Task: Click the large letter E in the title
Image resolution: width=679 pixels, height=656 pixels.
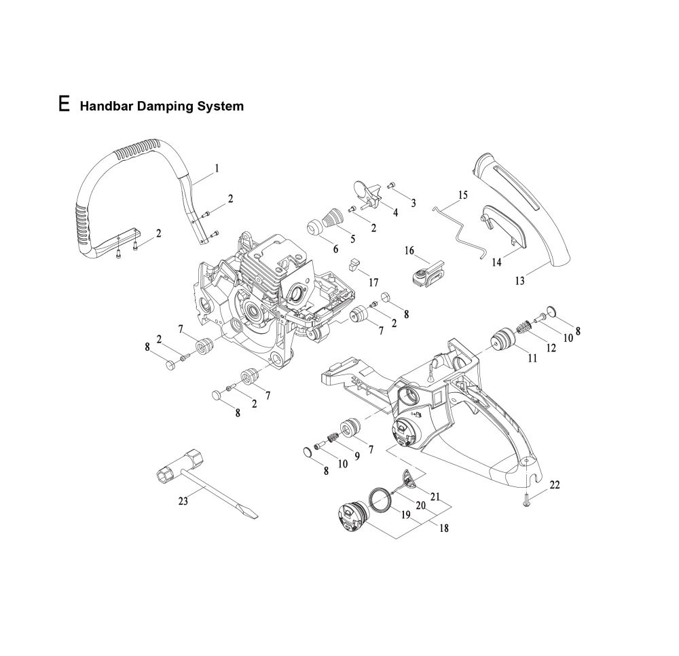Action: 64,104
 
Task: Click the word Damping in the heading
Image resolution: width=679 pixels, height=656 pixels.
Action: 162,107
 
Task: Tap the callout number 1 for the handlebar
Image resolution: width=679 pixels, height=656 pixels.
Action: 217,167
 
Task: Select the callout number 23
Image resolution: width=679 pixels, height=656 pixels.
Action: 182,502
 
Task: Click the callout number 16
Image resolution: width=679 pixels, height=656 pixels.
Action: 409,250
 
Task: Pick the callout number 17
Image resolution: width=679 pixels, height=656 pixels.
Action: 373,282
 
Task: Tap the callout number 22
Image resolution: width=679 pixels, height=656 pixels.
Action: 555,484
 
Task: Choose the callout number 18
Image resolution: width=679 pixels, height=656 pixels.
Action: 444,528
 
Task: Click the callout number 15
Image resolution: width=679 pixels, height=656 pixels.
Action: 463,195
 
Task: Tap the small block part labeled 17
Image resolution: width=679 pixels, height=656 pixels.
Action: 353,263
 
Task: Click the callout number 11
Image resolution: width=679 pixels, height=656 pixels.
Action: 532,358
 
